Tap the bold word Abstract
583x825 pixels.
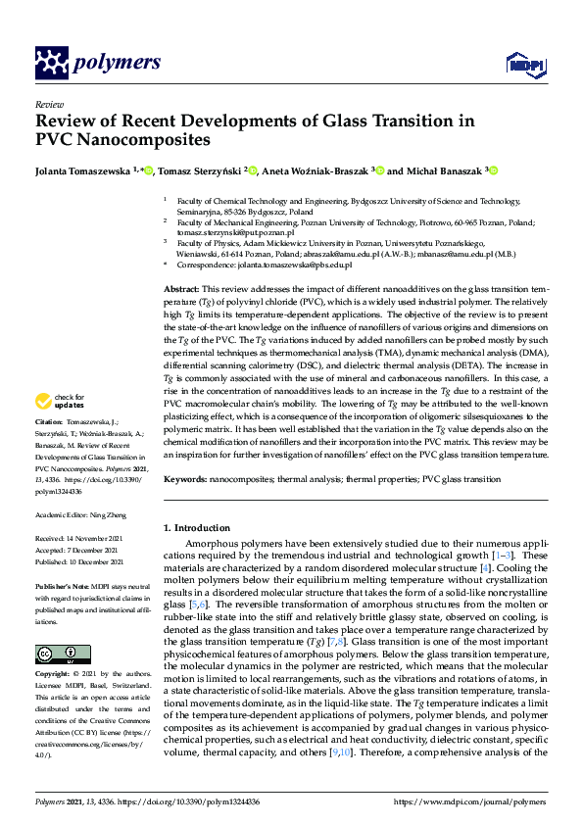click(x=180, y=291)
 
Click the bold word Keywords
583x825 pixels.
click(x=185, y=480)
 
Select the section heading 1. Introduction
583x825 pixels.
click(x=201, y=528)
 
